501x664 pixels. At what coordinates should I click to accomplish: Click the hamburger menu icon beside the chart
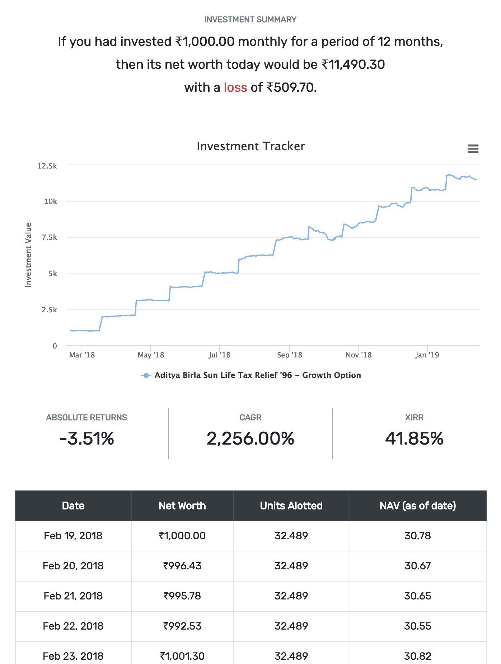pos(473,149)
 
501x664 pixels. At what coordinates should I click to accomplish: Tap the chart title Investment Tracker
pos(250,146)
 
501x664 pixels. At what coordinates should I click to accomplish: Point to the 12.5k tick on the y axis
pos(47,166)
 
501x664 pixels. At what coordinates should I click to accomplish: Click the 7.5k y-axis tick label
pos(49,238)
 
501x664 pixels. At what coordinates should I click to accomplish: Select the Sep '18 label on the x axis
pos(289,355)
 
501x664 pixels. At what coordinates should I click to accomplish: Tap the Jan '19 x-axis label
pos(427,355)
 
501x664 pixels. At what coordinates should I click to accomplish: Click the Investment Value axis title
pos(28,255)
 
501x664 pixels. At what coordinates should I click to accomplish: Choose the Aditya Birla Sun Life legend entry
pos(257,375)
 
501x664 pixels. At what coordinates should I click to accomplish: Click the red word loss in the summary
pos(235,87)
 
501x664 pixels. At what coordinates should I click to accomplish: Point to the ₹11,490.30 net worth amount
pos(353,65)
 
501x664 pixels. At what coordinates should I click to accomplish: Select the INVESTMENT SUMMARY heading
pos(250,19)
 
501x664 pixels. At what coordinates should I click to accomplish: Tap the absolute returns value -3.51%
pos(86,438)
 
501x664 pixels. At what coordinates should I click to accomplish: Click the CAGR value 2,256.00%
pos(250,438)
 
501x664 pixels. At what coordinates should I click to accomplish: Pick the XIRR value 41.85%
pos(414,438)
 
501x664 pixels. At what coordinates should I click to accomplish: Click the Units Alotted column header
pos(291,506)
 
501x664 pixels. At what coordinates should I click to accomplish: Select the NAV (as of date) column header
pos(417,506)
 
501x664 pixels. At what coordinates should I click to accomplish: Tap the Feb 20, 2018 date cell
pos(73,566)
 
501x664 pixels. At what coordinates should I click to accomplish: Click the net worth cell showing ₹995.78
pos(182,596)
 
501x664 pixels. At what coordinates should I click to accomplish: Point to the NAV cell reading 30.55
pos(417,626)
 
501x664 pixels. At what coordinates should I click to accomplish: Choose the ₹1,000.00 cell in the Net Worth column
pos(182,536)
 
